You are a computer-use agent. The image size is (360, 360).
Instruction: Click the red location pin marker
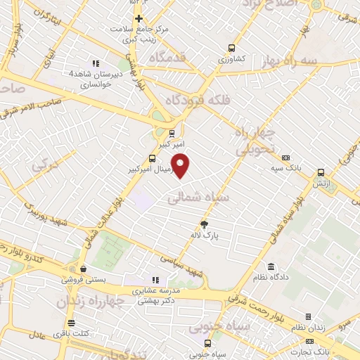(x=181, y=165)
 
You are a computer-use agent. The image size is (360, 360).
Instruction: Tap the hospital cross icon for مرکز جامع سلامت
(x=139, y=18)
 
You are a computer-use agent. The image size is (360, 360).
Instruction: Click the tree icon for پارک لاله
(x=204, y=225)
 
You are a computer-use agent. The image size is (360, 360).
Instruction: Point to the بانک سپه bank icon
(x=285, y=158)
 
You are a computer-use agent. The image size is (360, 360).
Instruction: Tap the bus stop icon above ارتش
(x=321, y=172)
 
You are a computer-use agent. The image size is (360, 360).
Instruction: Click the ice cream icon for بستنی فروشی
(x=83, y=268)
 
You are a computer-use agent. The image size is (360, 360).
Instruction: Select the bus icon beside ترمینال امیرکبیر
(x=152, y=158)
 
